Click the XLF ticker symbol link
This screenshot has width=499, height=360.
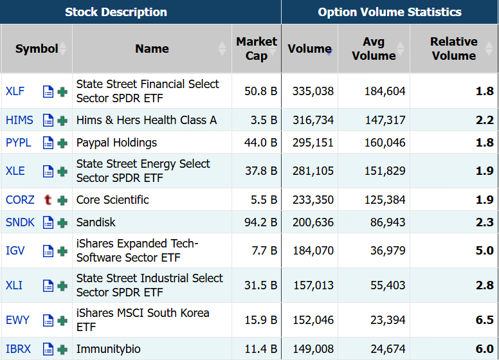(x=15, y=91)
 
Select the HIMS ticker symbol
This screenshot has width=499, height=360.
(x=19, y=120)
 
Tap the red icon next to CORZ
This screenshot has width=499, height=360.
(x=48, y=200)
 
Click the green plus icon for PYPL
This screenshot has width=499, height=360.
(x=62, y=143)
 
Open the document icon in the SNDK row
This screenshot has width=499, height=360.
(x=48, y=223)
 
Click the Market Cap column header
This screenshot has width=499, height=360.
(x=257, y=49)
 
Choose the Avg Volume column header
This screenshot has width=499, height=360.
(x=374, y=49)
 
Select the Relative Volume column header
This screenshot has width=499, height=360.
(x=453, y=49)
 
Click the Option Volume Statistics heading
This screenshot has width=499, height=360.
(x=390, y=12)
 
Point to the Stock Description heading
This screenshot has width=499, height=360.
(x=116, y=12)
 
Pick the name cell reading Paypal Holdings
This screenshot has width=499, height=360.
(x=116, y=143)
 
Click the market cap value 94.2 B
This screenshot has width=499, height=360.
(x=261, y=222)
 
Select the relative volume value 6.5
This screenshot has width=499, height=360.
(x=484, y=320)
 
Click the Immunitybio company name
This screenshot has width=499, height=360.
(x=108, y=349)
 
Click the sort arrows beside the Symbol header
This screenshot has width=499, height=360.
(x=63, y=49)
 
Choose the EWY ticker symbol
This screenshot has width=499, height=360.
(x=17, y=320)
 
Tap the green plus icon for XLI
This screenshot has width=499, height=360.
(x=62, y=286)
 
